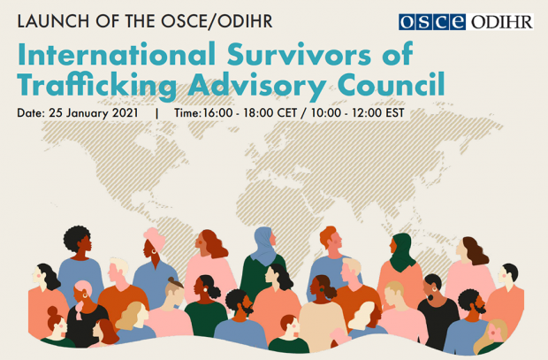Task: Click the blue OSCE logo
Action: tap(432, 22)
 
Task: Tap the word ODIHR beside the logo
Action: tap(501, 22)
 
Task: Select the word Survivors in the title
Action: tap(299, 54)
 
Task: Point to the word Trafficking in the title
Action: tap(97, 86)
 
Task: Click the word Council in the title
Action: tap(391, 84)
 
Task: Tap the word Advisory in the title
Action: tap(257, 86)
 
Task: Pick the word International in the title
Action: tap(117, 54)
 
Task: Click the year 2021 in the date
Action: tap(126, 113)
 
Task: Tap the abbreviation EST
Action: tap(395, 113)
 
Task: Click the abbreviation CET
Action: tap(287, 113)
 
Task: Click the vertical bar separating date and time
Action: tap(157, 113)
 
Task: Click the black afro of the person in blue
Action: tap(76, 238)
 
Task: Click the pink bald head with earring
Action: tap(83, 288)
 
